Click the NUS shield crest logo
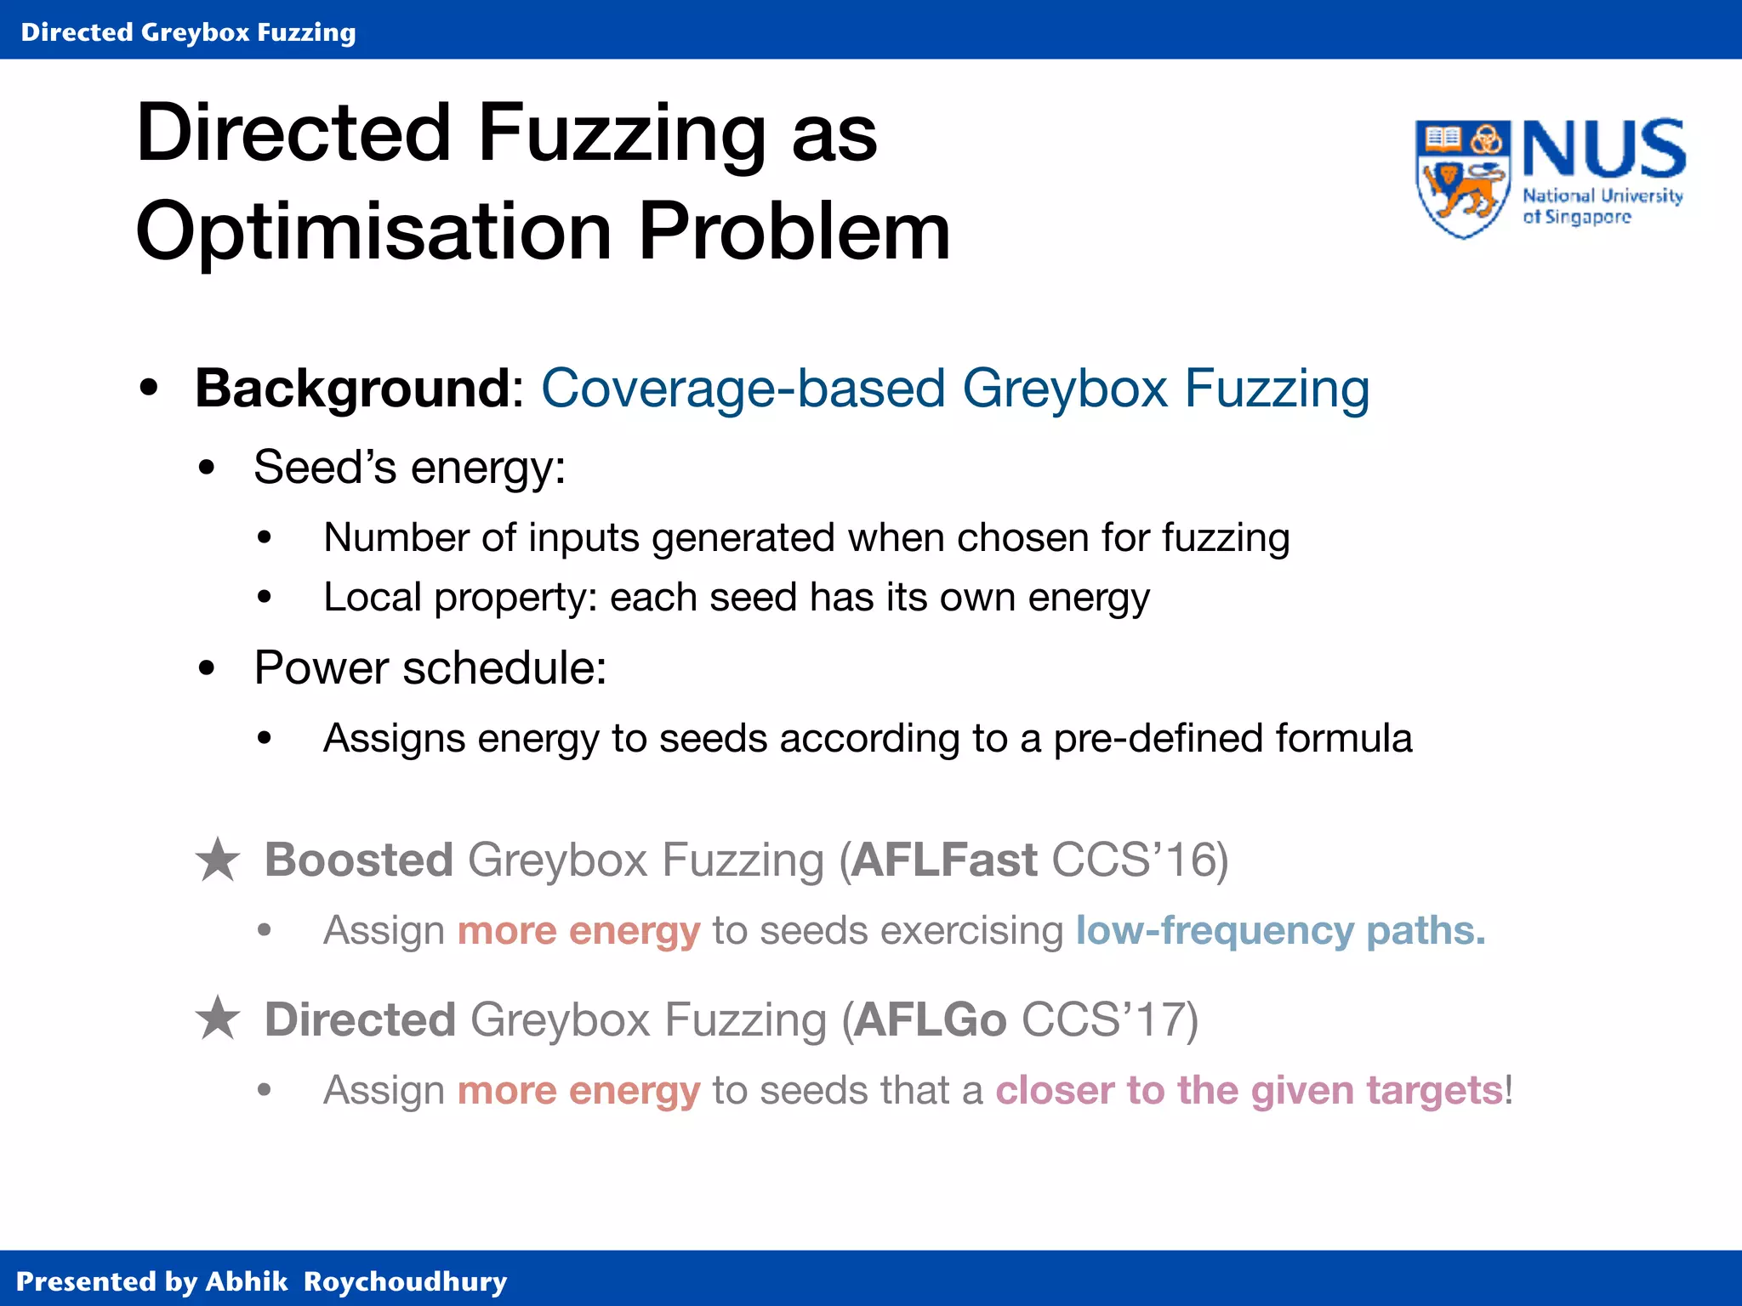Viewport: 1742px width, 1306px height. [x=1462, y=178]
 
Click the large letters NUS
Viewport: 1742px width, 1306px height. [x=1603, y=150]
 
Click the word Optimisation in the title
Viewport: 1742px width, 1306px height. [x=373, y=232]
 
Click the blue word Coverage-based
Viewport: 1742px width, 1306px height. [x=743, y=389]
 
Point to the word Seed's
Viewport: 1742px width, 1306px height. [x=324, y=467]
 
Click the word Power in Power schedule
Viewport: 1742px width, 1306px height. [x=321, y=667]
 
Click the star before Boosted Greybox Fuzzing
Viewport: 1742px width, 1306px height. [x=218, y=860]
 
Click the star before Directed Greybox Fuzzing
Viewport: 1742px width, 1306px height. [x=218, y=1019]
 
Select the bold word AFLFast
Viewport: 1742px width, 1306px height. [x=944, y=860]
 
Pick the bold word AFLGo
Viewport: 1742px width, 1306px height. [x=930, y=1019]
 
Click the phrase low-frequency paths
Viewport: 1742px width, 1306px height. [x=1280, y=930]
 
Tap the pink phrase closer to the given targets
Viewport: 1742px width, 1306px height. [x=1249, y=1090]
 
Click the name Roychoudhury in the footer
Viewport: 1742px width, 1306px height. [x=405, y=1281]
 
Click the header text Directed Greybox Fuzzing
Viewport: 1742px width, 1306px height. [x=188, y=32]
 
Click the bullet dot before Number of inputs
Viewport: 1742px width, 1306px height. [x=265, y=538]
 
